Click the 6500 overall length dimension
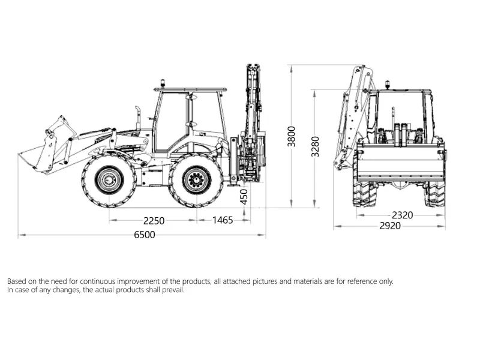coord(144,235)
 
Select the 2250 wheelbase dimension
coord(154,220)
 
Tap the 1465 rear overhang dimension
coord(223,220)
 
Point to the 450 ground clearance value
coord(244,197)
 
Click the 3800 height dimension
coord(292,137)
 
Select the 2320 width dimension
coord(402,215)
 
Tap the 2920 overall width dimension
coord(389,226)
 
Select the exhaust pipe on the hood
coord(138,118)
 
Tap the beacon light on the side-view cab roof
coord(161,83)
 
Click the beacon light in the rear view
coord(387,85)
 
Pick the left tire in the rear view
coord(364,192)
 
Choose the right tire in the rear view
coord(435,192)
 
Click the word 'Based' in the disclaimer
coord(17,281)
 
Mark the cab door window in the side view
coord(171,120)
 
